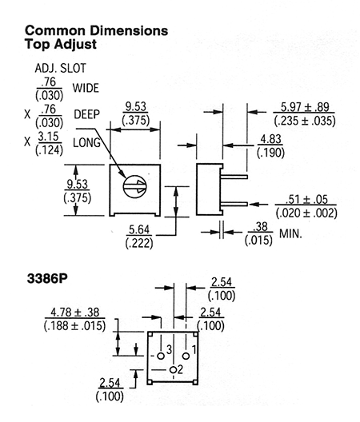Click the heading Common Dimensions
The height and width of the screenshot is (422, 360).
[96, 30]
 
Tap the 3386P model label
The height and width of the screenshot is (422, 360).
[47, 279]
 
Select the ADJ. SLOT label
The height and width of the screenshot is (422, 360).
[60, 68]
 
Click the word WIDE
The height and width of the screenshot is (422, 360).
[86, 88]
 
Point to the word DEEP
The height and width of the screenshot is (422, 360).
[86, 114]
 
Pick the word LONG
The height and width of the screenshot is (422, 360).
[86, 142]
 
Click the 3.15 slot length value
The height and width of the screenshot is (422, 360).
[49, 137]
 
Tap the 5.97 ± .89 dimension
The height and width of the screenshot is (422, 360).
[305, 107]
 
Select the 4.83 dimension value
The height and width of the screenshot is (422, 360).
[271, 139]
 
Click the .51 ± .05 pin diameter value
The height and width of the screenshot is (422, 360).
[306, 200]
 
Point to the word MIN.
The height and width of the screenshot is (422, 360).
[290, 233]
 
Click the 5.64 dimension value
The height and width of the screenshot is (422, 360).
[139, 229]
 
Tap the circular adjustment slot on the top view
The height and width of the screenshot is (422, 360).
[134, 186]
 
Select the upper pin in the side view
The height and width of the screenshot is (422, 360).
[234, 177]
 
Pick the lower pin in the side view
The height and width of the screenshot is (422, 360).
[234, 204]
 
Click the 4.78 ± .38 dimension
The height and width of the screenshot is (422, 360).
[75, 313]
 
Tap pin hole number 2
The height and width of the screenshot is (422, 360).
[174, 369]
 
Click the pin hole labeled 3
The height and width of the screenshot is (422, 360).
[161, 356]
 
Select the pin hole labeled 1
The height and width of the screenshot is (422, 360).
[186, 356]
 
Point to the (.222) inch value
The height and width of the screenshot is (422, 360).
[139, 243]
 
